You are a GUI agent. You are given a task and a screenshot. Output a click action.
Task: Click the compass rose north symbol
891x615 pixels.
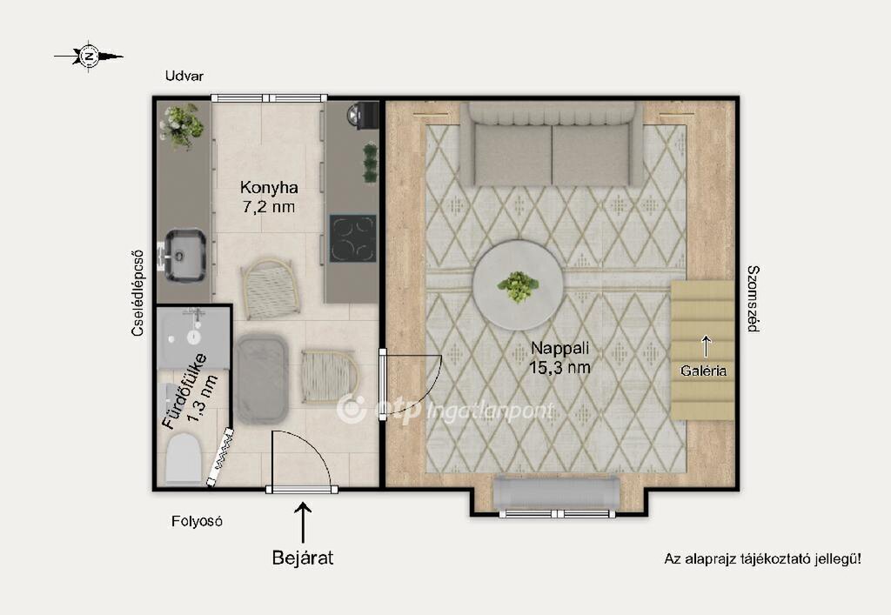coord(89,57)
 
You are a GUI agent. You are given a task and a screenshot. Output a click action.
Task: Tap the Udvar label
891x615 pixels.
coord(184,76)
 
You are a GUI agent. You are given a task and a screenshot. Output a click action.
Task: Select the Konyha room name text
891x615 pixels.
coord(269,187)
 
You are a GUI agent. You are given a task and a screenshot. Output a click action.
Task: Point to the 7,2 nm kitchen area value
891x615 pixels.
coord(269,207)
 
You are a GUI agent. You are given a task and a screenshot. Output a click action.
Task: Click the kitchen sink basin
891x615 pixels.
coord(185,256)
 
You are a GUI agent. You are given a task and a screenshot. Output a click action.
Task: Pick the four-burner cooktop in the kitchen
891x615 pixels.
coord(353,238)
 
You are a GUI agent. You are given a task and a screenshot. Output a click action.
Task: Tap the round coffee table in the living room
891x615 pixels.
coord(519,284)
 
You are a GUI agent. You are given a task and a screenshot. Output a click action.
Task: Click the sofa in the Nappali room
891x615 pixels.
coord(552,144)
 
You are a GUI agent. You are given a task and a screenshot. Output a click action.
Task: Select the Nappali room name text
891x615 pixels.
coord(559,348)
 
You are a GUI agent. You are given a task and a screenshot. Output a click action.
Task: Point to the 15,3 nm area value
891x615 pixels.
coord(559,367)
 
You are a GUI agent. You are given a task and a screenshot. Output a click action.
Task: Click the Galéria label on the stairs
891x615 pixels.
coord(703,371)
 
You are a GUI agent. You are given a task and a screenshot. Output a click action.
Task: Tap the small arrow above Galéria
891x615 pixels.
coord(706,346)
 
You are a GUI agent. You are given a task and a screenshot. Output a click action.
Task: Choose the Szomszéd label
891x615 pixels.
coord(753,298)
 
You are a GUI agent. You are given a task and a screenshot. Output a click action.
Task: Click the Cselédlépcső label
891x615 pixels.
coord(137,293)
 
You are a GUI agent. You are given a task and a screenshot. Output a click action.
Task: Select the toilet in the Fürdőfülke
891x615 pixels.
coord(184,458)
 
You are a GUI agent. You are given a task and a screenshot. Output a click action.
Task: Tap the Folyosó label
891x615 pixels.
coord(197,521)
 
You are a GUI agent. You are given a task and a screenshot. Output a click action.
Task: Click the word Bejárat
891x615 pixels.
coord(303,558)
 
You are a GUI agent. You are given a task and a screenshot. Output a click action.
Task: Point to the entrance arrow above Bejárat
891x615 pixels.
coord(303,523)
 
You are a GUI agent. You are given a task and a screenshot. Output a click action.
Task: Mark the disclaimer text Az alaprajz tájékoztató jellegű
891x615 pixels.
coord(762,559)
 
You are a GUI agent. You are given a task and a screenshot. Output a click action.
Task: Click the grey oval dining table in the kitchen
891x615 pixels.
coord(261,379)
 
